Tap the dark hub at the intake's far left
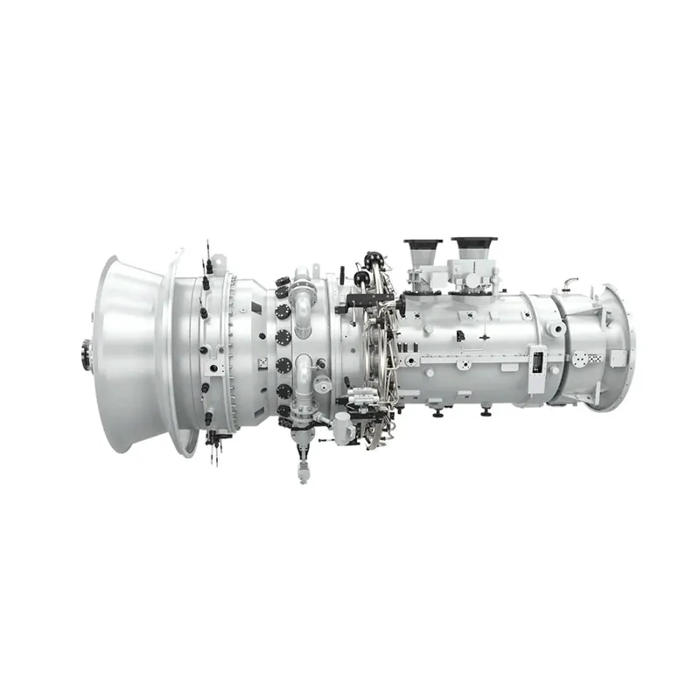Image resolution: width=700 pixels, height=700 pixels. (x=86, y=354)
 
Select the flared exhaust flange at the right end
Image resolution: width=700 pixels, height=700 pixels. (x=623, y=346)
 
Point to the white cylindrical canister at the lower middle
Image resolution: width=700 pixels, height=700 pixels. (x=342, y=429)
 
